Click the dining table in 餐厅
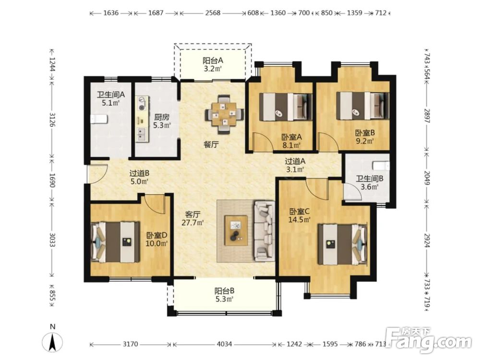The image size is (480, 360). (x=225, y=115)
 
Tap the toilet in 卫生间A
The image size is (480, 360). (x=99, y=119)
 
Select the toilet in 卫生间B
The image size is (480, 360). (x=381, y=166)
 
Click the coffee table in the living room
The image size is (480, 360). (x=236, y=230)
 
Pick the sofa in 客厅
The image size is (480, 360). (x=264, y=230)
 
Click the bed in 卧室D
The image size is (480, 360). (x=115, y=242)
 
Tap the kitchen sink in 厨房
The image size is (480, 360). (x=142, y=133)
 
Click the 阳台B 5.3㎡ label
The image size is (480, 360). (x=224, y=295)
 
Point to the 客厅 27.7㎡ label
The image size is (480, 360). (x=192, y=218)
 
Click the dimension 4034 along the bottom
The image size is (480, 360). (x=224, y=344)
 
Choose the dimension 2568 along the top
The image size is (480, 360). (x=213, y=13)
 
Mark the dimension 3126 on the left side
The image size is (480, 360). (x=52, y=120)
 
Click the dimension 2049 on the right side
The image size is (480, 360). (x=427, y=177)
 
